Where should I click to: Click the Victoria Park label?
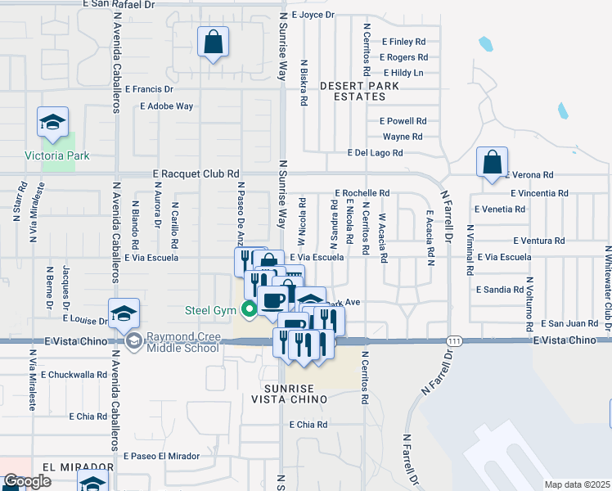(56, 155)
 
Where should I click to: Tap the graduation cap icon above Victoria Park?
(52, 124)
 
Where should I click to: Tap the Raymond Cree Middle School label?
(182, 342)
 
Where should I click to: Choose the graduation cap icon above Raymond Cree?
(124, 313)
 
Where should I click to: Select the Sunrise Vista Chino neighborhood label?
(295, 393)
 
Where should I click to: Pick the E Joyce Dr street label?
(313, 15)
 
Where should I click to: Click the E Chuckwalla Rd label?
(73, 375)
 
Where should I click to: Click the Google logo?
(27, 482)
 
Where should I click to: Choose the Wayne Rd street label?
(402, 137)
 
